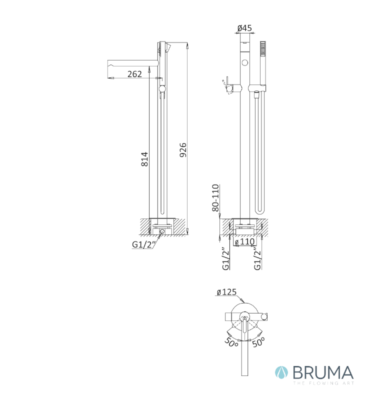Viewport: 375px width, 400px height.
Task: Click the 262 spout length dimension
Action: click(134, 74)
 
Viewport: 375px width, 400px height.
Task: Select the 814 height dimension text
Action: click(144, 158)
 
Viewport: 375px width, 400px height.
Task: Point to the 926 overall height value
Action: click(182, 150)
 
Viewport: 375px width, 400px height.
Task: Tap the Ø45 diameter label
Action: click(244, 28)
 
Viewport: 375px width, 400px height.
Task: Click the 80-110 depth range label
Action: click(216, 198)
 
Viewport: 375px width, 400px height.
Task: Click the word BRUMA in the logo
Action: click(322, 372)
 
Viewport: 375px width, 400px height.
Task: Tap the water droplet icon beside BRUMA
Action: click(281, 372)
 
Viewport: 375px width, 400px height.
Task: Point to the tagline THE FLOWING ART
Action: click(322, 383)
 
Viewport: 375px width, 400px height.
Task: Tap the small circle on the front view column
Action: click(244, 62)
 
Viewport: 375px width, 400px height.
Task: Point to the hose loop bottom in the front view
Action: click(257, 212)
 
